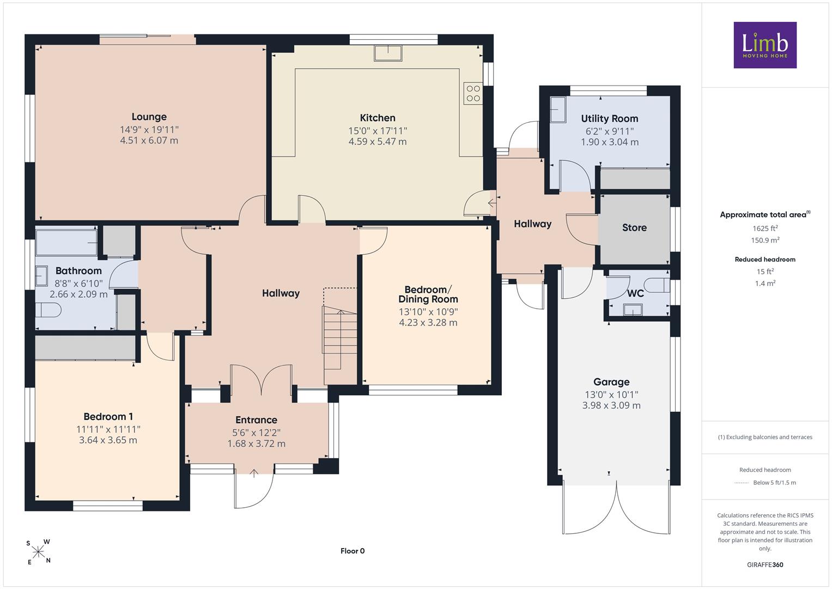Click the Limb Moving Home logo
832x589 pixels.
(765, 45)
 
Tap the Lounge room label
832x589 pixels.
(149, 117)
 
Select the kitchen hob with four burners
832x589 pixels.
(473, 93)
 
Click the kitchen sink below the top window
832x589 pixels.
(388, 53)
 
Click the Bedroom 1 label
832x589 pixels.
(108, 417)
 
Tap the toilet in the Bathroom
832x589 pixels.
(48, 310)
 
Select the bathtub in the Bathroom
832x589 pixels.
(66, 243)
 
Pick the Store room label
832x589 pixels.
(634, 227)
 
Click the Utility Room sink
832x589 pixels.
(558, 110)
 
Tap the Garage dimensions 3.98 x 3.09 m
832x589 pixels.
(611, 405)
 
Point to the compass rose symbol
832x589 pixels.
(38, 552)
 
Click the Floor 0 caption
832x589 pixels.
(353, 551)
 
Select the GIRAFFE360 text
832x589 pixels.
(765, 564)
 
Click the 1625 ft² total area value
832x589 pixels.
(765, 229)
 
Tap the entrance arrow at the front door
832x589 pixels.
(254, 473)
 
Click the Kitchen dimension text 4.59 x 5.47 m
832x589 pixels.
(378, 142)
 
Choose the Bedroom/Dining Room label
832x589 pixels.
(428, 294)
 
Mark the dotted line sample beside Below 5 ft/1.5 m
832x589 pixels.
(742, 483)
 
